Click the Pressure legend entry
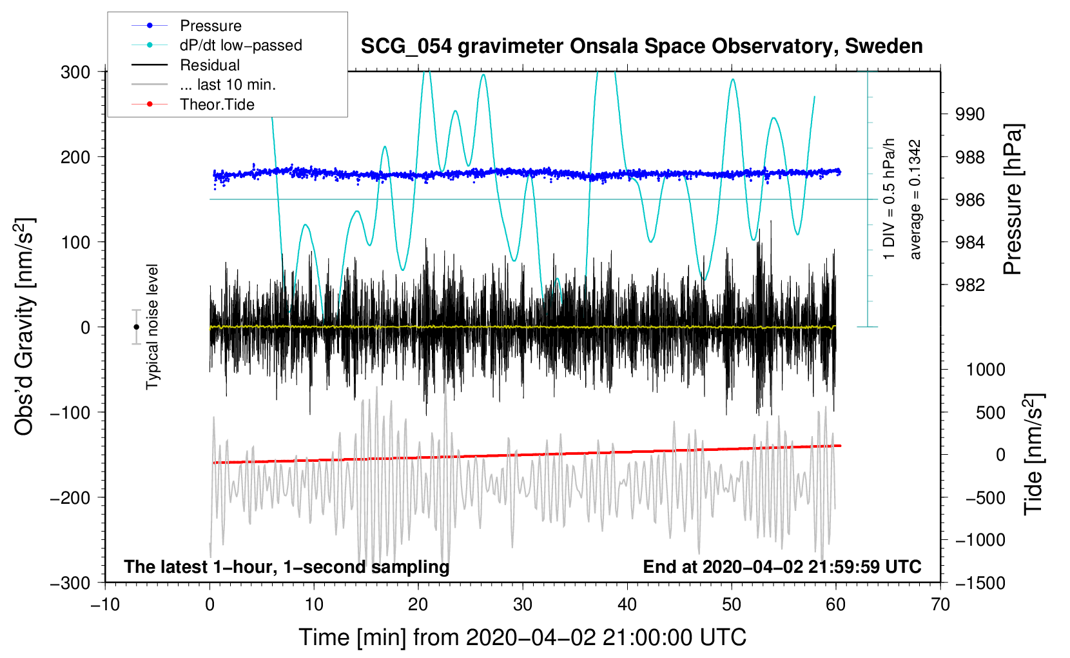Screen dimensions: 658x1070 (210, 26)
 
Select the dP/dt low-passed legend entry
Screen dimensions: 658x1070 (240, 45)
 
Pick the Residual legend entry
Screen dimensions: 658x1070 (209, 65)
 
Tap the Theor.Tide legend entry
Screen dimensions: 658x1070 (217, 105)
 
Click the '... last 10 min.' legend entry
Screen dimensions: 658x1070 (228, 85)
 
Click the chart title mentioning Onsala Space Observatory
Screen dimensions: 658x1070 (641, 46)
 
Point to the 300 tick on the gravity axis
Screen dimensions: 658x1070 (75, 72)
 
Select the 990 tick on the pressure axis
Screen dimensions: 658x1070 (970, 114)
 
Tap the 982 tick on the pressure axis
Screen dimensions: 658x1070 (970, 284)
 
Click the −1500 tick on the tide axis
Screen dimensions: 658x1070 (980, 583)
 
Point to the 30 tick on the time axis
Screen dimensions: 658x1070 (523, 604)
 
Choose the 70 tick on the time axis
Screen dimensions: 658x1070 (940, 604)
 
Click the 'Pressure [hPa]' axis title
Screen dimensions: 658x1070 (1013, 199)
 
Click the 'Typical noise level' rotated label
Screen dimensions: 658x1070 (152, 326)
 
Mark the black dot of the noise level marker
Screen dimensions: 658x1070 (136, 327)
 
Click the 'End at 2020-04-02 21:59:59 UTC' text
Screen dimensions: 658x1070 (782, 566)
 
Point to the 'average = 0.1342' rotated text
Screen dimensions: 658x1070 (915, 199)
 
